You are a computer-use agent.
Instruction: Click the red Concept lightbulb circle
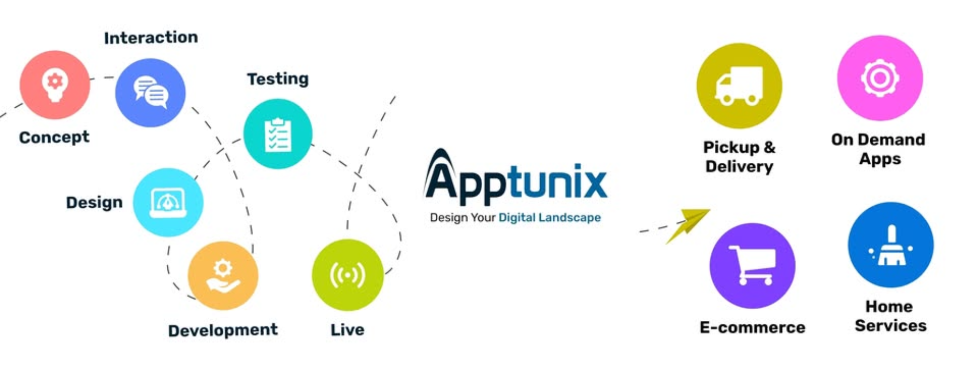(x=55, y=85)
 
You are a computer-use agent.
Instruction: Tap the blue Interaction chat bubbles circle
(x=150, y=93)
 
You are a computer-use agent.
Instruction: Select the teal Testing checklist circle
(x=277, y=134)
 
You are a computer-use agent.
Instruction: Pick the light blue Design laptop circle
(x=168, y=202)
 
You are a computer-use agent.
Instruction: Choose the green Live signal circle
(x=347, y=275)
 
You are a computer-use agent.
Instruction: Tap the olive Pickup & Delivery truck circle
(x=739, y=86)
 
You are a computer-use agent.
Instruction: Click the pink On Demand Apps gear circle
(x=880, y=78)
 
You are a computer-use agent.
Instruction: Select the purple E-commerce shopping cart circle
(x=752, y=266)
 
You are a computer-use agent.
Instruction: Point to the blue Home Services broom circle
(x=890, y=245)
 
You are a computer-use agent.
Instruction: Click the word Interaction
(x=151, y=38)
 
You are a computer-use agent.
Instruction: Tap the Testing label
(x=277, y=79)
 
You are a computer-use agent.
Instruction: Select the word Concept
(x=54, y=137)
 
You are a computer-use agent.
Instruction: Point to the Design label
(x=94, y=202)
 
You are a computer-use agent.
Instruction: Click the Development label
(x=223, y=330)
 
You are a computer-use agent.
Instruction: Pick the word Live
(x=347, y=330)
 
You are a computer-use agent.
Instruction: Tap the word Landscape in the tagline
(x=569, y=218)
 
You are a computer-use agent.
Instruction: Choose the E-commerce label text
(x=752, y=328)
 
